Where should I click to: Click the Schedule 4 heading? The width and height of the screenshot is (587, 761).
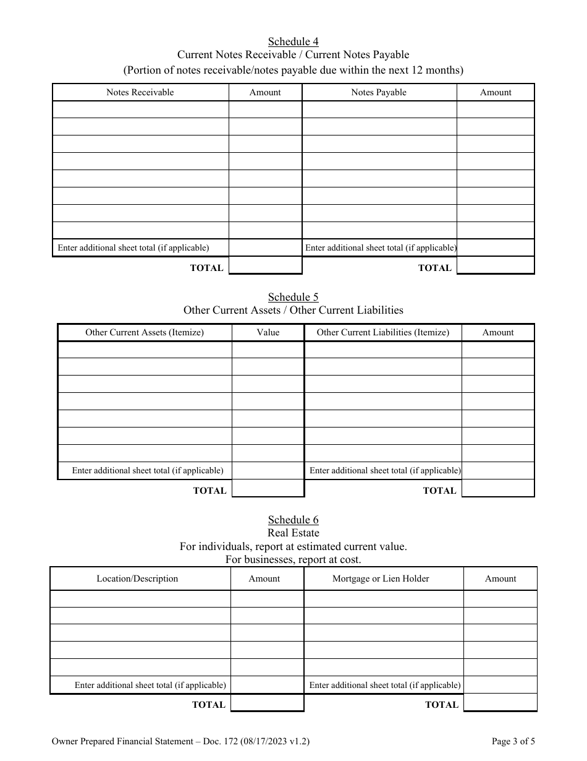tap(293, 41)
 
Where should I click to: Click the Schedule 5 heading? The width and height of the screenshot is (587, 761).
tap(293, 297)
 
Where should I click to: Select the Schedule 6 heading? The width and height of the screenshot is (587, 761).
tap(293, 520)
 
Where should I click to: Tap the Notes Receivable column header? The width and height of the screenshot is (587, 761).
tap(140, 92)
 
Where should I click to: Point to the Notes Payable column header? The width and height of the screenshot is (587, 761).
tap(379, 92)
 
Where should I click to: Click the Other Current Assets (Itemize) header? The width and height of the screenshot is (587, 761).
tap(145, 332)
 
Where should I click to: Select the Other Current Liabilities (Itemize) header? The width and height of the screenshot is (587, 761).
tap(382, 332)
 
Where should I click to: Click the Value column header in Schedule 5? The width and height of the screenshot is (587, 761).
tap(268, 332)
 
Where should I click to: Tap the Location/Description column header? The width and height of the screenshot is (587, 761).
tap(137, 578)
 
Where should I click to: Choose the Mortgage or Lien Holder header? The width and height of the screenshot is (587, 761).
tap(381, 578)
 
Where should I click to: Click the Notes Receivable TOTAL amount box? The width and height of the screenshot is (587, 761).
tap(265, 266)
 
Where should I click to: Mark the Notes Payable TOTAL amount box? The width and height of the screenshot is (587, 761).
tap(496, 266)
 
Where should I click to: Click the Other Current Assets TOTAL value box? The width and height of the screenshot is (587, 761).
tap(268, 489)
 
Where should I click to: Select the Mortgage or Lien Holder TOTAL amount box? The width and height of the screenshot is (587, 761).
tap(500, 703)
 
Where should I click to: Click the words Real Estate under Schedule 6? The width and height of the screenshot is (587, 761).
tap(293, 533)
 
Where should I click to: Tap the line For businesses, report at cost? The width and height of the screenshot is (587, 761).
tap(293, 559)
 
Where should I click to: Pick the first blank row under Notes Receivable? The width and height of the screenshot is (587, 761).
tap(140, 110)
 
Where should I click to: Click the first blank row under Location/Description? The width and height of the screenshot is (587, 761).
tap(140, 599)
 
